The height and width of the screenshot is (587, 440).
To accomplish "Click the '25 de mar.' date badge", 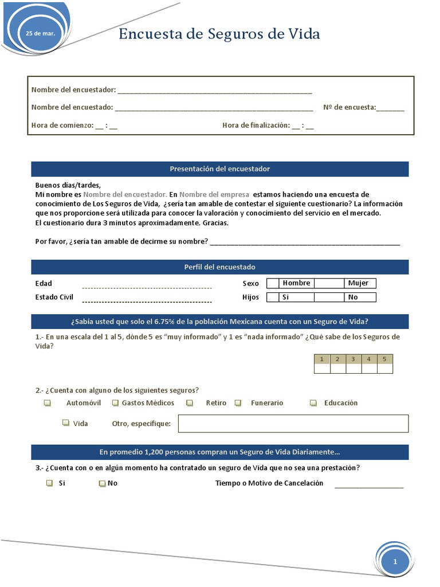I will click(x=40, y=34).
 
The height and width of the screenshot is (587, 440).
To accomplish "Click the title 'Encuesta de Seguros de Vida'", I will click(x=219, y=34).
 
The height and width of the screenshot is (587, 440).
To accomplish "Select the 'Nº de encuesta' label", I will click(x=349, y=107).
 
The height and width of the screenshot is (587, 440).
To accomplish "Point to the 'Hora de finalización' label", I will click(x=256, y=126).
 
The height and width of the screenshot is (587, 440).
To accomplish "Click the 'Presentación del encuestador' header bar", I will click(x=219, y=169).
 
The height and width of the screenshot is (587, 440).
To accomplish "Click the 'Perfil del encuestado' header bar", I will click(x=219, y=267).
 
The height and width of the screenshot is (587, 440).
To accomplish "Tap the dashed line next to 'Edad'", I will click(x=147, y=287).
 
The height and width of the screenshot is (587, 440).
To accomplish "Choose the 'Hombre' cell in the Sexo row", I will click(x=296, y=283).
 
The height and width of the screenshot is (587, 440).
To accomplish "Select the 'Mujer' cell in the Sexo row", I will click(x=359, y=283).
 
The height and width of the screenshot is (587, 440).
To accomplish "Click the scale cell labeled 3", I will click(x=353, y=359).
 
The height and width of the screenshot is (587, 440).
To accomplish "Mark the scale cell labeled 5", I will click(x=384, y=359).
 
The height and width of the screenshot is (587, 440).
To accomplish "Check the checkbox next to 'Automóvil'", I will click(x=48, y=403).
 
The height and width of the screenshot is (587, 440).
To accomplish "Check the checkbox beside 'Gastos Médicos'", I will click(x=115, y=403).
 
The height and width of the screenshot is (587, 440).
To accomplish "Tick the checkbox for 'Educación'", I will click(x=313, y=403).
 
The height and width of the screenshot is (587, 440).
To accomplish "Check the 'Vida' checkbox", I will click(x=65, y=423).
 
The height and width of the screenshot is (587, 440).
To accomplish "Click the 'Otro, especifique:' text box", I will click(x=293, y=424).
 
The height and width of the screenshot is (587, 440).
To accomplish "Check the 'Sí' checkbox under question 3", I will click(x=50, y=483).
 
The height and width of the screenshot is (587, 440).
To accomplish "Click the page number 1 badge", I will click(x=395, y=562).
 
